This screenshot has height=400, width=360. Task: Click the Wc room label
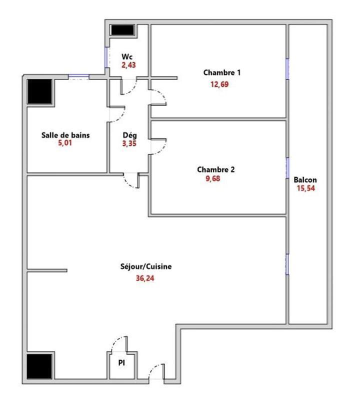click(126, 57)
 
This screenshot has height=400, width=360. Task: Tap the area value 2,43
click(128, 64)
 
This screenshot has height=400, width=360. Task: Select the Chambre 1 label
click(222, 72)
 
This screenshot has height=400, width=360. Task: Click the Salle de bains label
click(65, 134)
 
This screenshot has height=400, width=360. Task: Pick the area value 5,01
click(65, 142)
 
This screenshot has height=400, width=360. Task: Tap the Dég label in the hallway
click(129, 135)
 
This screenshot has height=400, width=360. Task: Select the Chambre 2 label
click(215, 169)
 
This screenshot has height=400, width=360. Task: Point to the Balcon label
click(305, 180)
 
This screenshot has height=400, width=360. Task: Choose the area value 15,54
click(305, 188)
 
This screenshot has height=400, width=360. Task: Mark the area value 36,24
click(145, 278)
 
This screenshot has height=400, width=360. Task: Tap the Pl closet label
click(121, 363)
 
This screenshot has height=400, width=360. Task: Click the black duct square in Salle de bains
click(40, 91)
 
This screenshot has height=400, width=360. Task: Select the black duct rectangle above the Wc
click(122, 30)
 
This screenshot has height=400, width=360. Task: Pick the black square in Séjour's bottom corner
click(40, 367)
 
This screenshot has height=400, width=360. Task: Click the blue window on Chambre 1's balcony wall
click(287, 68)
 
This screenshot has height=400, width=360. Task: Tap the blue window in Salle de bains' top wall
click(78, 76)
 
